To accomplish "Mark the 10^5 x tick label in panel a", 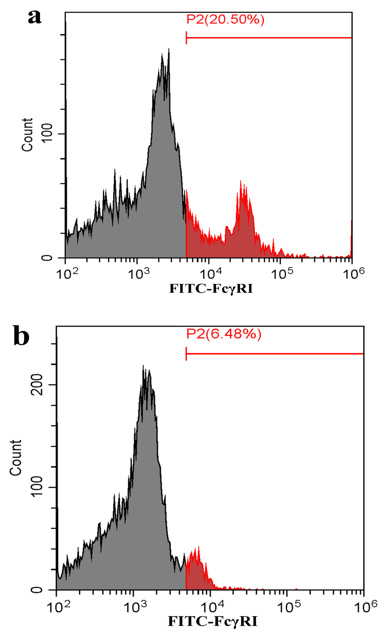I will (x=282, y=274).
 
